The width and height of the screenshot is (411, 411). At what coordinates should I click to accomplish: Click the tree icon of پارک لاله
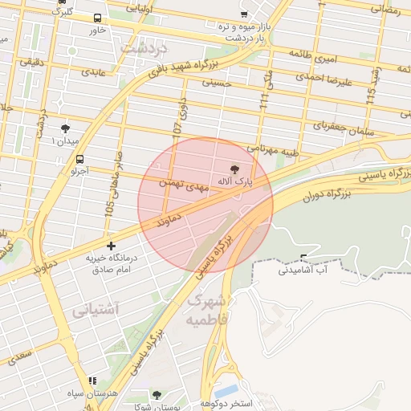235,169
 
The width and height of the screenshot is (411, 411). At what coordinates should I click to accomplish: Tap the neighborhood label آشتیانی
96,309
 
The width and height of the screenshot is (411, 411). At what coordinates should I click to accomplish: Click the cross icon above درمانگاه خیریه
111,245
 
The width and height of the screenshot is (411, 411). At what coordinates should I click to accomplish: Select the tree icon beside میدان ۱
66,128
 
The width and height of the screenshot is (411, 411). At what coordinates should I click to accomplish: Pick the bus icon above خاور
97,18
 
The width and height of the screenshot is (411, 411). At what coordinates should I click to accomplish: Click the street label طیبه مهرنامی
273,149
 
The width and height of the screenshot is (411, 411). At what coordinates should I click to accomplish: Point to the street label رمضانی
385,9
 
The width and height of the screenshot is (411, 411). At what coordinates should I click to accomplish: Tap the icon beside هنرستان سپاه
92,380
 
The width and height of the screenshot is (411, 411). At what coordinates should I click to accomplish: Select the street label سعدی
22,353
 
